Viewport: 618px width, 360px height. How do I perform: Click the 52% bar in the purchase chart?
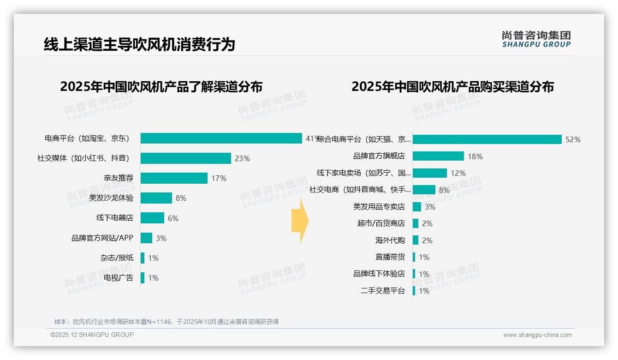pos(487,139)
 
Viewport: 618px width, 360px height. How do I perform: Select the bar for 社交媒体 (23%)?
pos(185,158)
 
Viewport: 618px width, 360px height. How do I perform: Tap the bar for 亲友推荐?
pos(174,178)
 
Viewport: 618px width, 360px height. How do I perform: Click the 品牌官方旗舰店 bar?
pos(438,156)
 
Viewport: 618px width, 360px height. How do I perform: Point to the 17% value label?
pos(219,178)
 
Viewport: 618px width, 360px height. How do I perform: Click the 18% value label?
pos(475,156)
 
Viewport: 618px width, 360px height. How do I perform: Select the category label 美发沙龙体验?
pos(111,198)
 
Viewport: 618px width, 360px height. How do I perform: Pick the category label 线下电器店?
pos(114,218)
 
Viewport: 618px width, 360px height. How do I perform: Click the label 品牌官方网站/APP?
pos(102,238)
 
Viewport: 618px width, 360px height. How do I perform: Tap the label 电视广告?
pos(118,277)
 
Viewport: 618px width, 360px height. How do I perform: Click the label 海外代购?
pos(390,240)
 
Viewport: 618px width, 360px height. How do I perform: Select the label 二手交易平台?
pos(382,291)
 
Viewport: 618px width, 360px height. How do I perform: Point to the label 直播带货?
pos(390,257)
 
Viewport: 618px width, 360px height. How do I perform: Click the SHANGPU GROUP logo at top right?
pos(536,39)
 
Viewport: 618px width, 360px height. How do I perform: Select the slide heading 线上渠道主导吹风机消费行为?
pos(139,44)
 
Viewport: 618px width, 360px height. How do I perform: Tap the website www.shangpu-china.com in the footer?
pos(537,335)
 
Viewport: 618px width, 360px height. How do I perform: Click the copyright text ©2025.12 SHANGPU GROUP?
pos(92,335)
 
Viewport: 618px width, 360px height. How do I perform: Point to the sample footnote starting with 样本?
pos(166,322)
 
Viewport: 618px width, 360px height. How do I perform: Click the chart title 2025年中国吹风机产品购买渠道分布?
pos(452,87)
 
